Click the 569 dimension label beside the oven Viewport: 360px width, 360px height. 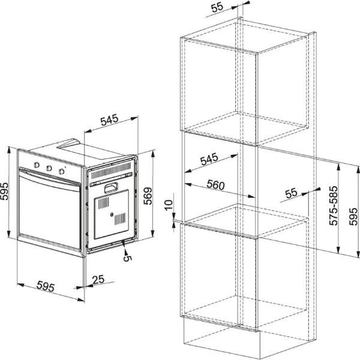click(x=148, y=196)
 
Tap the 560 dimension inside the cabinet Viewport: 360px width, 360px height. click(x=215, y=185)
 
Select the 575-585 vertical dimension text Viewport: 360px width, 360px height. click(x=334, y=205)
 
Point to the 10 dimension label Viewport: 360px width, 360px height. click(x=168, y=205)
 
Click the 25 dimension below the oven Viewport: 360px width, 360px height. click(x=98, y=280)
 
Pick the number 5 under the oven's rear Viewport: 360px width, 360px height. click(x=127, y=258)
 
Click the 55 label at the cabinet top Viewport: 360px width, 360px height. click(x=217, y=7)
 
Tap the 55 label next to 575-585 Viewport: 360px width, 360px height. click(x=291, y=193)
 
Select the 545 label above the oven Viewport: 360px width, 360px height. click(x=109, y=120)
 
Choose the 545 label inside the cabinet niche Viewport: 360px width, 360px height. click(x=209, y=159)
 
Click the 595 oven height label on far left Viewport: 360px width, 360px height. click(x=4, y=191)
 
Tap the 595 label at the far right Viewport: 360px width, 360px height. click(x=353, y=216)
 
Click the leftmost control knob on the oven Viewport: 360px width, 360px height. click(x=37, y=165)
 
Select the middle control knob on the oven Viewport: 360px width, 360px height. click(x=49, y=168)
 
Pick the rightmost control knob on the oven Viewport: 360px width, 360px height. click(x=61, y=171)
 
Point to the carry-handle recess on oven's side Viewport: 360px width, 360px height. click(x=111, y=188)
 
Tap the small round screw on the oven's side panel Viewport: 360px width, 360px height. click(x=112, y=215)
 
